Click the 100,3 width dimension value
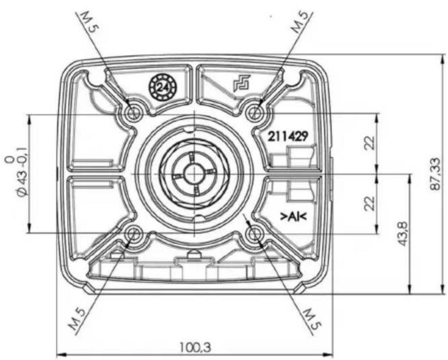195,347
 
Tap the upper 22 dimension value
369,142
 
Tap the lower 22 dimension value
369,203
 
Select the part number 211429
287,136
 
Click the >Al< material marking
293,217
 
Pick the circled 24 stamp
163,87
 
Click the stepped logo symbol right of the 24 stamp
242,83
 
